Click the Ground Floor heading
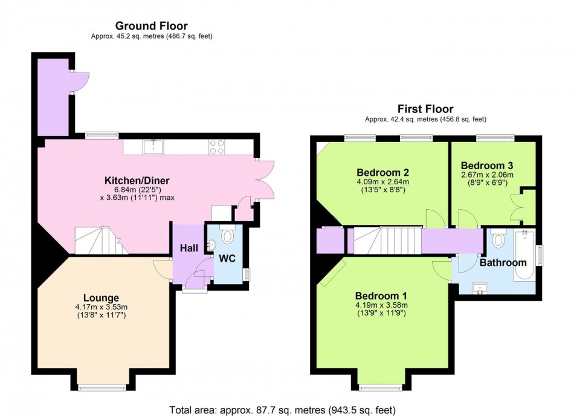(x=152, y=25)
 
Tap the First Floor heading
(x=425, y=109)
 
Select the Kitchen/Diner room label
(x=137, y=180)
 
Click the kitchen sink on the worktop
(x=153, y=147)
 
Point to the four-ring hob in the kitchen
(x=217, y=147)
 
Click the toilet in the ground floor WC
(x=227, y=235)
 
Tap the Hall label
(x=189, y=248)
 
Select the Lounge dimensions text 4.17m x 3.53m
(x=102, y=307)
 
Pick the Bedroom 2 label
(x=382, y=172)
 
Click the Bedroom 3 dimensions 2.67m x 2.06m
(x=487, y=175)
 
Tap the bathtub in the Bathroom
(x=525, y=255)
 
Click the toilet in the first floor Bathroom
(x=498, y=239)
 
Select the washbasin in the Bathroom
(x=480, y=288)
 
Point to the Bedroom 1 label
(x=381, y=296)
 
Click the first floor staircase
(x=387, y=240)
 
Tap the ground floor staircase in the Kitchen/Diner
(x=102, y=240)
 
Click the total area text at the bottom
(x=282, y=410)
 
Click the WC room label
(x=227, y=259)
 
